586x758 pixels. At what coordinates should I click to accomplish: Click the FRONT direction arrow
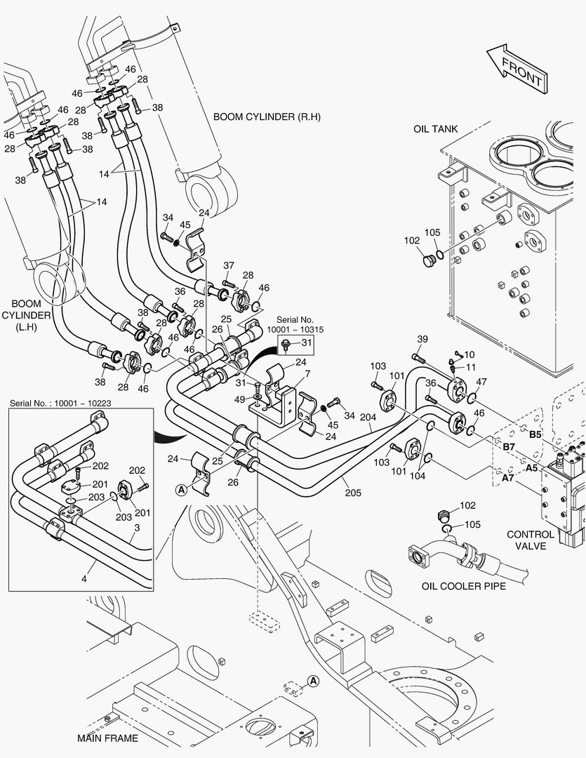tap(517, 68)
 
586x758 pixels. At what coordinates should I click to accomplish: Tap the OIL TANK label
tap(435, 128)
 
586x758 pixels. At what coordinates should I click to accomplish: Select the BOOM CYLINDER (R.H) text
tap(267, 117)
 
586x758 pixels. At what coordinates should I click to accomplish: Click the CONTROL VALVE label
tap(531, 540)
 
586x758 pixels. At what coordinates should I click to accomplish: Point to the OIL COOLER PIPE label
tap(463, 586)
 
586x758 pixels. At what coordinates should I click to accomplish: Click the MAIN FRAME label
tap(107, 738)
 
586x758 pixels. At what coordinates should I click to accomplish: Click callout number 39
tap(422, 339)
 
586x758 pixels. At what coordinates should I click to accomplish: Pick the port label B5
tap(535, 434)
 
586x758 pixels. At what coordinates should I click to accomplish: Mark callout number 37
tap(229, 265)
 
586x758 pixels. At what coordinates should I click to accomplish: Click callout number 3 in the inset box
tap(138, 526)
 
